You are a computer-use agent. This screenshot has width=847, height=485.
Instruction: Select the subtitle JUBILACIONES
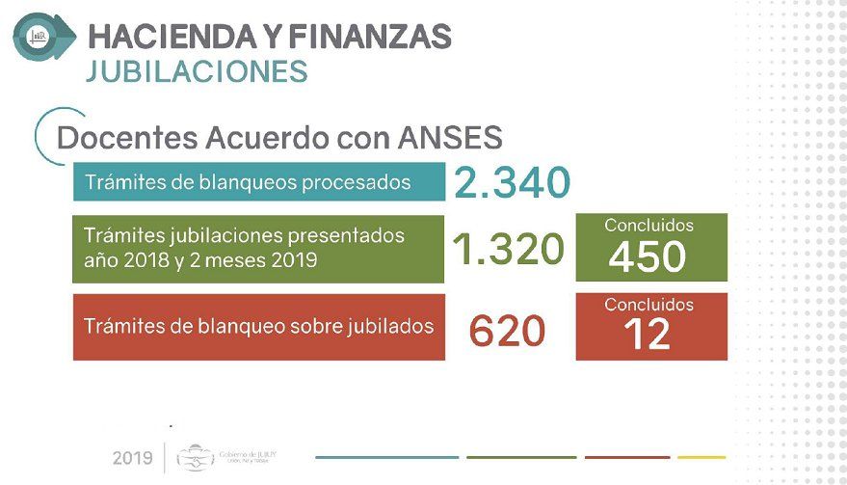click(197, 72)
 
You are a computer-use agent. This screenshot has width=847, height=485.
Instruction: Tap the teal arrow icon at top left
click(42, 36)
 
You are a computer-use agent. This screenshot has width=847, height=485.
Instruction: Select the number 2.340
click(512, 182)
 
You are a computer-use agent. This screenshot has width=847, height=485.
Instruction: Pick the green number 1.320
click(507, 250)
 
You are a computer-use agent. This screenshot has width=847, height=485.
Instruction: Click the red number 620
click(507, 333)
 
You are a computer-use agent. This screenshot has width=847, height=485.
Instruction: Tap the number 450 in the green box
click(648, 256)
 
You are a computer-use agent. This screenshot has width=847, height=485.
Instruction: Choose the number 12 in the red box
click(647, 335)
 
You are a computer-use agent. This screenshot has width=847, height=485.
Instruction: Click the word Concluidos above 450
click(648, 226)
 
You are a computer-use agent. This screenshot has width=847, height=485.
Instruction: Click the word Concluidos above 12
click(648, 304)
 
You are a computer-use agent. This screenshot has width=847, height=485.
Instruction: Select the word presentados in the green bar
click(352, 235)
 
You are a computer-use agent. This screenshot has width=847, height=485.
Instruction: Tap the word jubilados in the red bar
click(391, 326)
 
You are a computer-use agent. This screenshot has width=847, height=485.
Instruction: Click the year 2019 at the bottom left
click(132, 457)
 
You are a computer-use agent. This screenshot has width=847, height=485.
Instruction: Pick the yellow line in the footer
click(701, 457)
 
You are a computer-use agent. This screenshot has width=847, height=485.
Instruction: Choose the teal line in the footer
click(386, 457)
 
